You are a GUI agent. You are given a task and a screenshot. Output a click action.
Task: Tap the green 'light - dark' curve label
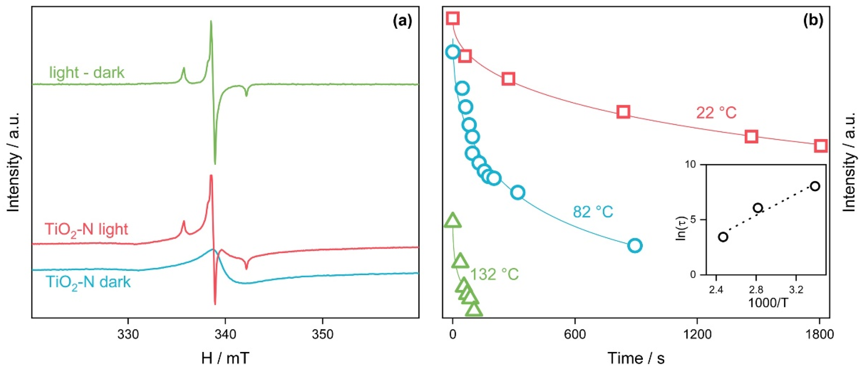(87, 73)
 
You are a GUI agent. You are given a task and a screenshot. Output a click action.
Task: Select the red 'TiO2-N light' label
(86, 230)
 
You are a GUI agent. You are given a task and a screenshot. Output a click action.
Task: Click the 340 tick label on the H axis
(225, 334)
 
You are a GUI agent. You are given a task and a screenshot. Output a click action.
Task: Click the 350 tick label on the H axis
(322, 334)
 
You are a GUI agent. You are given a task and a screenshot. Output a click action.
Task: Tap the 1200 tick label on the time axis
(697, 334)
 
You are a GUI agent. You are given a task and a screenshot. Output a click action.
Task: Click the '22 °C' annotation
(716, 113)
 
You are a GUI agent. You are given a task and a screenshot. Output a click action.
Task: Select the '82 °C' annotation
(593, 211)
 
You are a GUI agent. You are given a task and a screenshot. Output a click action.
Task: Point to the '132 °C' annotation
(494, 275)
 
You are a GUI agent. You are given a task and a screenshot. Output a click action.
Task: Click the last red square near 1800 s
(821, 146)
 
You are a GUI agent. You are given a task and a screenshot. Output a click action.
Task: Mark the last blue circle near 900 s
(635, 245)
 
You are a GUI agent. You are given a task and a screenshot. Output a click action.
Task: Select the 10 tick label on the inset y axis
(697, 165)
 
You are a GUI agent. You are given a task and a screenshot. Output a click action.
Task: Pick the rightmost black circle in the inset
(815, 186)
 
